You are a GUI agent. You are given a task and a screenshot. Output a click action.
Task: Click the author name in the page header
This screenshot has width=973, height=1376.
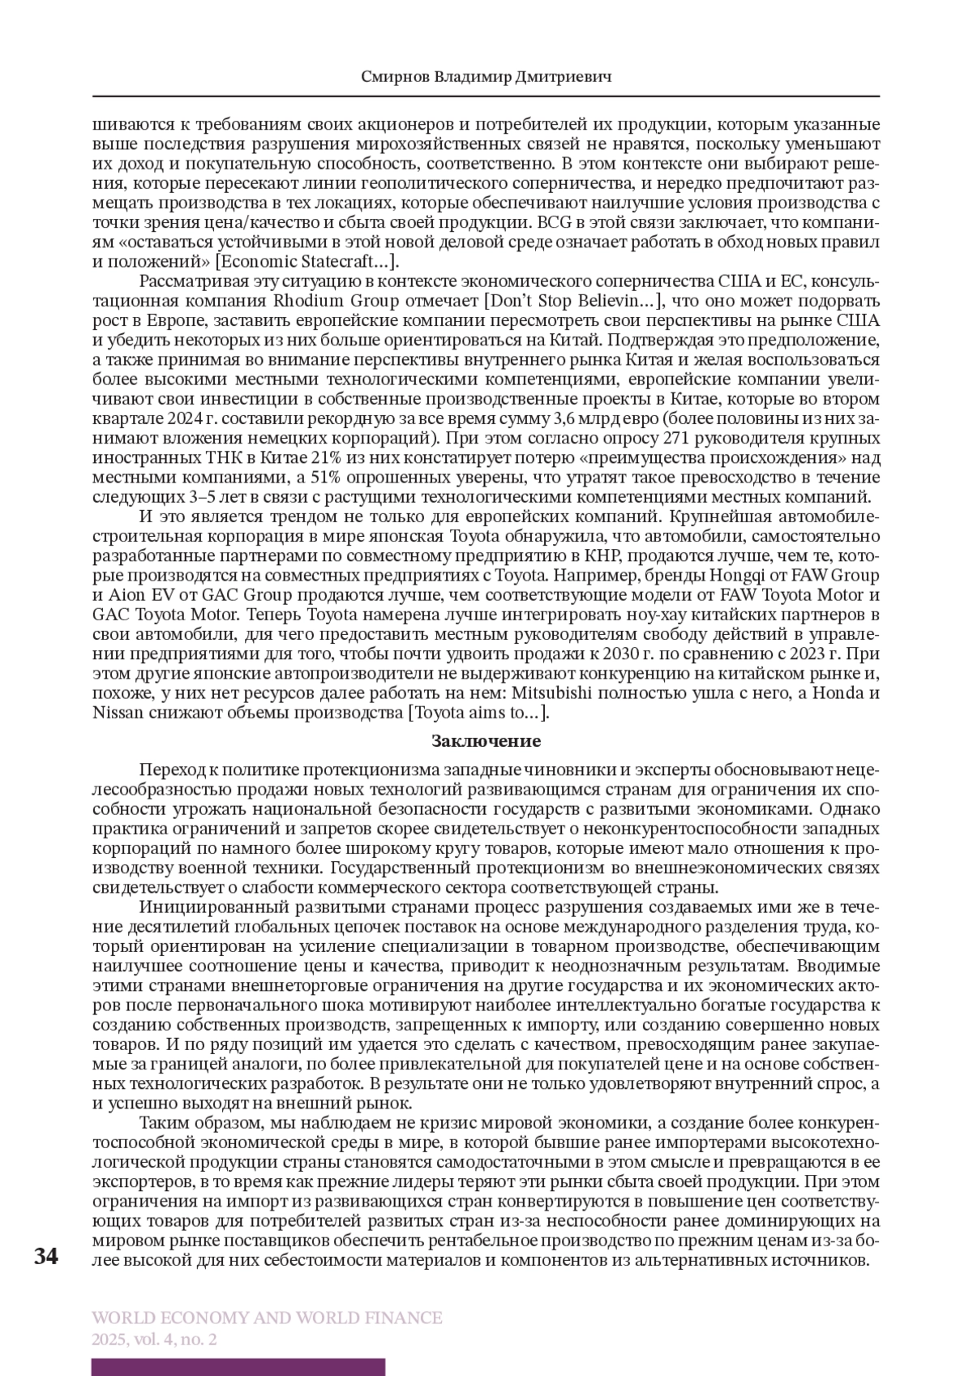486,78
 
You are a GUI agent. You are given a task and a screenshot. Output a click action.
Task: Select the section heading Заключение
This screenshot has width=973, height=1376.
486,741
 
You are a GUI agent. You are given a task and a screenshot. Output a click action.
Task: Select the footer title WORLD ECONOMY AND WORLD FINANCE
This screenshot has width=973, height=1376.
268,1318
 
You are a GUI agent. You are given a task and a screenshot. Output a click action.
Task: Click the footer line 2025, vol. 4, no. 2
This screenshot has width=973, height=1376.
154,1340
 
